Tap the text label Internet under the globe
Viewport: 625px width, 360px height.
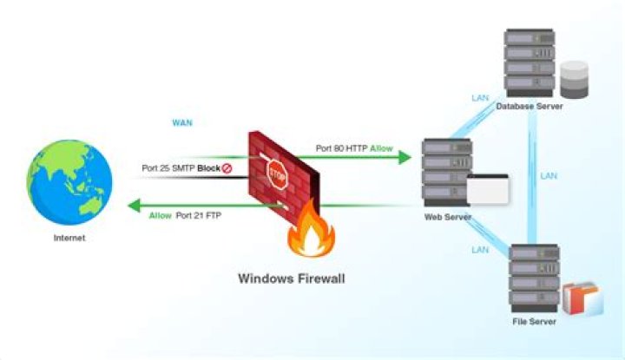coord(69,238)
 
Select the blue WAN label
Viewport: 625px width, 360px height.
coord(181,123)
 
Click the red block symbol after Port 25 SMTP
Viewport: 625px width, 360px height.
coord(227,167)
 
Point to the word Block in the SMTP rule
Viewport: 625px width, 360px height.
coord(207,167)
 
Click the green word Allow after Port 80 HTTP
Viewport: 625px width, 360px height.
coord(381,149)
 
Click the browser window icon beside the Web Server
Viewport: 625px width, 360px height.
coord(486,189)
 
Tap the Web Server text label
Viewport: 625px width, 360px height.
coord(447,217)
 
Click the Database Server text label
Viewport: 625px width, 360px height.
coord(530,106)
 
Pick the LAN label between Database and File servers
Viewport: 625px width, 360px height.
coord(549,175)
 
